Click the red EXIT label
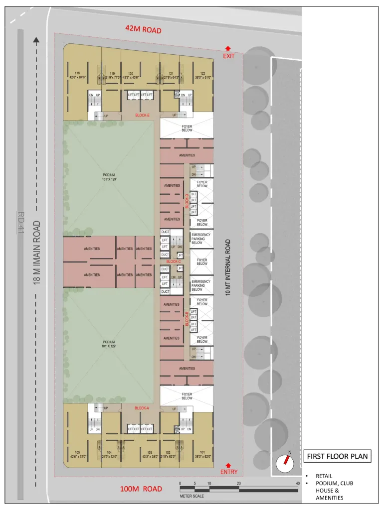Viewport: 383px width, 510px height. tap(229, 56)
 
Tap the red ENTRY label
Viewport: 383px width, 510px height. tap(229, 472)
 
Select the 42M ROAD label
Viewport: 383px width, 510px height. tap(144, 30)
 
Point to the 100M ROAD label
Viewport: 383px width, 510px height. tap(141, 489)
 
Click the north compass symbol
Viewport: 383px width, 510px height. tap(285, 464)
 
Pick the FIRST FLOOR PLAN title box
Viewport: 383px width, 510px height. tap(338, 456)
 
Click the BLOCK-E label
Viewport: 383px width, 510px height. tap(143, 115)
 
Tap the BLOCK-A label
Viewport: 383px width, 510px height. tap(142, 408)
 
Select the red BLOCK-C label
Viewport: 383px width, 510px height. tap(174, 261)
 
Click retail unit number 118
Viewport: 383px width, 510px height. tap(77, 73)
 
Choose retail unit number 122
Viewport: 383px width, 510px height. tap(202, 73)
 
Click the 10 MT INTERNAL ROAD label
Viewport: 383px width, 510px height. tap(228, 268)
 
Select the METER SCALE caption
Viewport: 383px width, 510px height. tap(192, 496)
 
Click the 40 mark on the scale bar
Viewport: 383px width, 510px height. tap(297, 484)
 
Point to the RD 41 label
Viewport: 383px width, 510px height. tap(20, 223)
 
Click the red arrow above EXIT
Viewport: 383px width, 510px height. tap(228, 48)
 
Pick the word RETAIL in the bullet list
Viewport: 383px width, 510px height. tap(324, 476)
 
